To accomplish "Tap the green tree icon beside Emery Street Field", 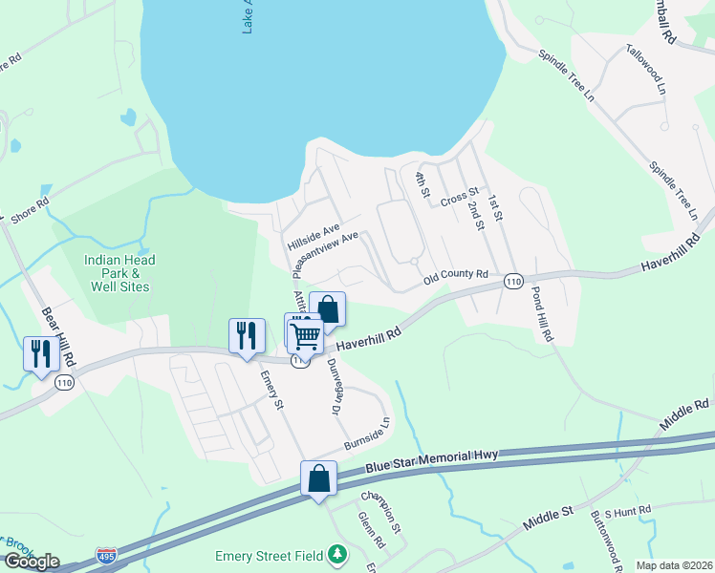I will click(x=336, y=554).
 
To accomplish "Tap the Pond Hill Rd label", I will click(x=541, y=314).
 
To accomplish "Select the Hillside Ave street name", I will click(x=314, y=237).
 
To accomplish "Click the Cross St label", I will click(x=459, y=198).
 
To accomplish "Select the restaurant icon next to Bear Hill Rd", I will click(x=40, y=354).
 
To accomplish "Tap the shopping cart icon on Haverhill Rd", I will click(x=306, y=335).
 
